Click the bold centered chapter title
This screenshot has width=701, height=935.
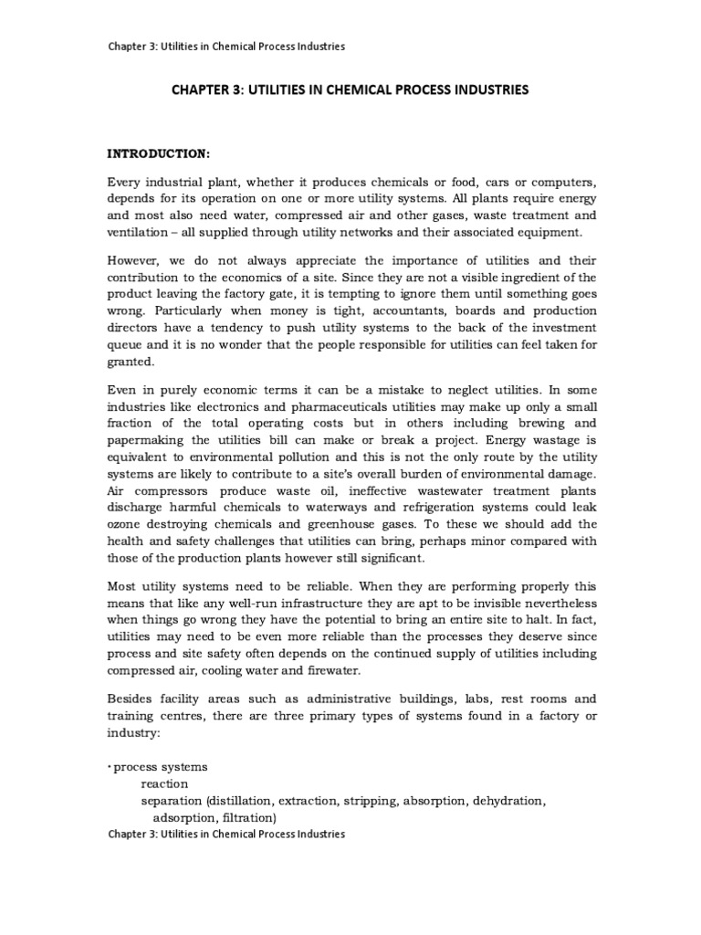click(x=350, y=90)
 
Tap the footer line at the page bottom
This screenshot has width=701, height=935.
click(x=226, y=834)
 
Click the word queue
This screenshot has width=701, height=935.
click(x=127, y=344)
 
